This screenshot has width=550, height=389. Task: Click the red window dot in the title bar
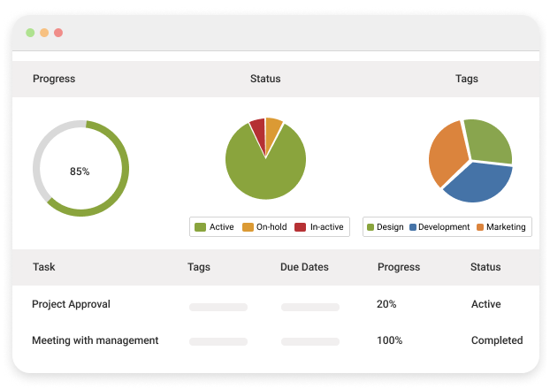(58, 33)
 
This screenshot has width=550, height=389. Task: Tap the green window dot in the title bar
(30, 33)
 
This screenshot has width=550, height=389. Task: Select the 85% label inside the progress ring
(80, 172)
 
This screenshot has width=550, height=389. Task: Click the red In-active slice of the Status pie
(258, 130)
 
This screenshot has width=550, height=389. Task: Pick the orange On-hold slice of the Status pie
(273, 129)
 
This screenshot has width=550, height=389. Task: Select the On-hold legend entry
(264, 227)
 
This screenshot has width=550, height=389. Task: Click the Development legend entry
(439, 227)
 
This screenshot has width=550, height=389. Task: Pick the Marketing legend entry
(500, 227)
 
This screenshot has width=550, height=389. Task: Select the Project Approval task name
(71, 304)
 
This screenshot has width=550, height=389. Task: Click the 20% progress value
(386, 304)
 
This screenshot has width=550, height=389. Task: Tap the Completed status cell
(497, 340)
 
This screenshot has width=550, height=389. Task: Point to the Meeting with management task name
(95, 340)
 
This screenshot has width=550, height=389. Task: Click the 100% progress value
(390, 340)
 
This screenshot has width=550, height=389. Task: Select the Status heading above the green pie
(265, 79)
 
